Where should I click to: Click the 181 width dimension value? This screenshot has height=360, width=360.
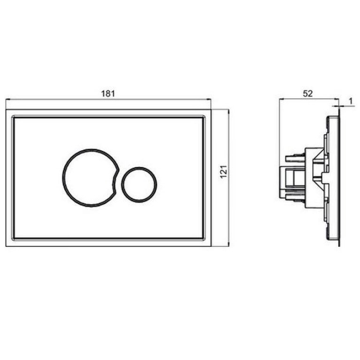coord(108,94)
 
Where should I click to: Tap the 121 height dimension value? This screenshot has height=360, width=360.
coord(223,171)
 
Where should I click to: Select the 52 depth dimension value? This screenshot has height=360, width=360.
coord(308,93)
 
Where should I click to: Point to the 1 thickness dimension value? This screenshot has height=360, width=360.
coord(350,101)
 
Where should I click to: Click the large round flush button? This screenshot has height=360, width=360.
coord(63,178)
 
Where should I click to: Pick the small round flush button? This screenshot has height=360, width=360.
coord(139,168)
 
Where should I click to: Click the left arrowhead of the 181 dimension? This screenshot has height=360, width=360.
coord(8,99)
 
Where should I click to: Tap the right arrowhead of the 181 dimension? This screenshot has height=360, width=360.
coord(209,99)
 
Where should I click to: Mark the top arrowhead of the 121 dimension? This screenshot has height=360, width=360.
coord(229,112)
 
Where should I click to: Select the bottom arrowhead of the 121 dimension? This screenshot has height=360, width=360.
coord(229,244)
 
